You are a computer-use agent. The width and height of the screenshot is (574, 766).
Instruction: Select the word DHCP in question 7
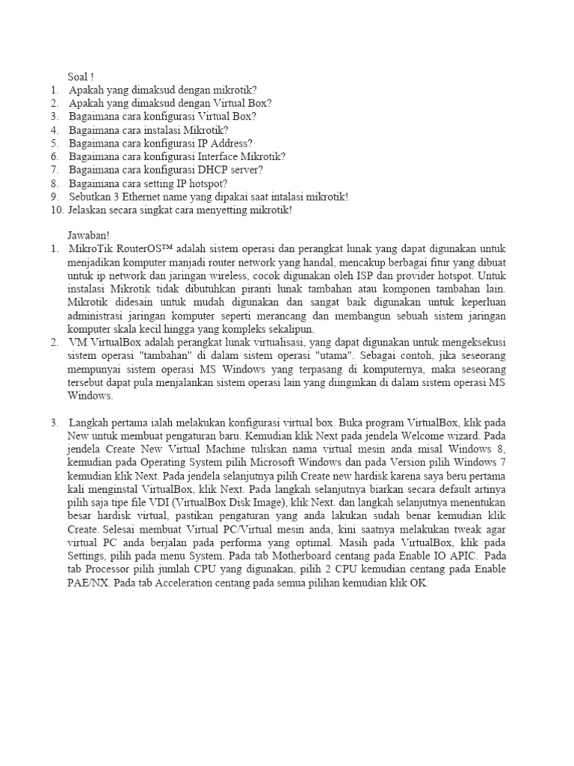coord(212,170)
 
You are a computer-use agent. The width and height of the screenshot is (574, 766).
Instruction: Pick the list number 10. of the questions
coord(58,210)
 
